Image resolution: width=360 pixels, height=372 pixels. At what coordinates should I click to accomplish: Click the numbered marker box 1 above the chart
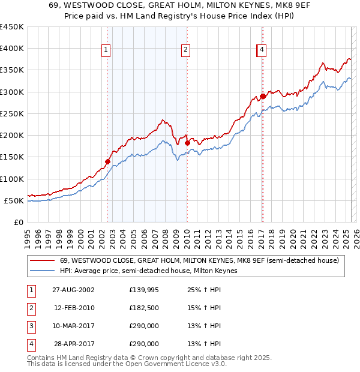[x=106, y=50]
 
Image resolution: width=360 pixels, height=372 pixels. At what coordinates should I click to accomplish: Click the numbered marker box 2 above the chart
[x=186, y=50]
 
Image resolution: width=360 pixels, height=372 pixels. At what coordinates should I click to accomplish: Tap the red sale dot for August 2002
[x=108, y=161]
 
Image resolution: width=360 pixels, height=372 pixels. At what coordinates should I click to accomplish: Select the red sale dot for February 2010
[x=187, y=143]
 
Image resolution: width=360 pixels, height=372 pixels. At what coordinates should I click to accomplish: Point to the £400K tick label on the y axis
[x=11, y=49]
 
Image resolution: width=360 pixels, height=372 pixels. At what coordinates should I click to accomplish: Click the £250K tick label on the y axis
[x=11, y=113]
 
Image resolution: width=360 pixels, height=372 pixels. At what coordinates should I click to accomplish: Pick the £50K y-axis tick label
[x=14, y=200]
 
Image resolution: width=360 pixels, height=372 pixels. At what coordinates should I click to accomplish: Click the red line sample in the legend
[x=42, y=260]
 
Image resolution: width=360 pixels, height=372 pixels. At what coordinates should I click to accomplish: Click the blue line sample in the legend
[x=42, y=271]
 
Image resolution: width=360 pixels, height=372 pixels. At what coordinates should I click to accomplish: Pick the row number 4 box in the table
[x=31, y=344]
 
